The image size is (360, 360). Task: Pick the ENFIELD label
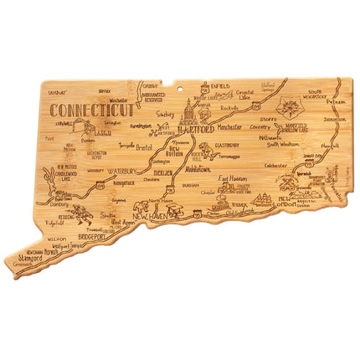tap(221, 87)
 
